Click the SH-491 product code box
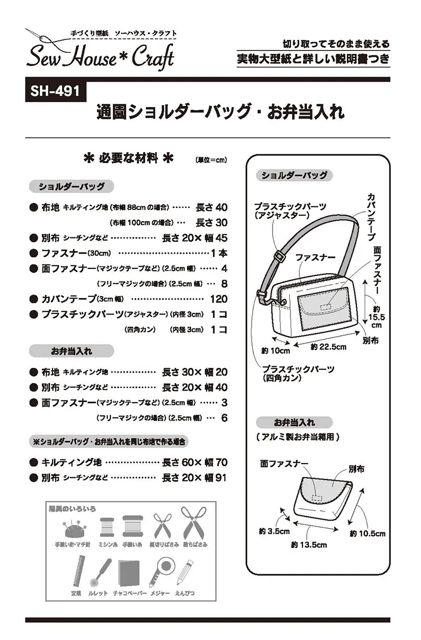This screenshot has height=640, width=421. tap(56, 92)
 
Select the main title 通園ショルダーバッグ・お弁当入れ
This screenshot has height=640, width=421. tap(220, 112)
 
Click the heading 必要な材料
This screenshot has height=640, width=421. tap(128, 158)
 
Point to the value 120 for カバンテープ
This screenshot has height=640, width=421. tap(219, 299)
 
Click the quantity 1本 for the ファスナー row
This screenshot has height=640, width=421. tap(219, 253)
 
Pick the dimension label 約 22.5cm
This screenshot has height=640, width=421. tap(328, 347)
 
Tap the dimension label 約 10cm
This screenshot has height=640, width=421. tap(276, 351)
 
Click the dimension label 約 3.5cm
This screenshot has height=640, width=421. tap(274, 532)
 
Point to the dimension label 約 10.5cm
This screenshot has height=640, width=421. tap(368, 534)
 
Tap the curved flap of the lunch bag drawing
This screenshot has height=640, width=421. tap(324, 491)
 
